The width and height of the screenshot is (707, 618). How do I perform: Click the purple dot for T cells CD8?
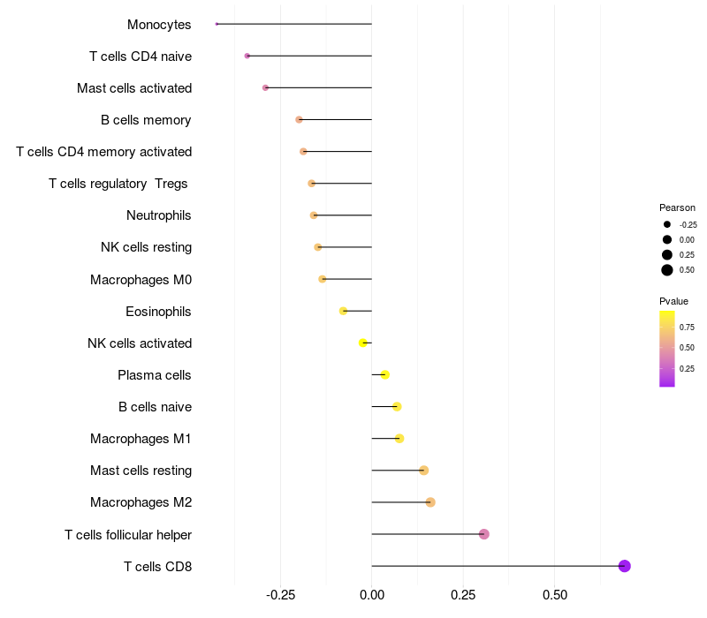point(625,566)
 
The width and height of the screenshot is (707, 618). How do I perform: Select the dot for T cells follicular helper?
point(484,534)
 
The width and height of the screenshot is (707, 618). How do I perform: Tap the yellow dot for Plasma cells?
point(385,375)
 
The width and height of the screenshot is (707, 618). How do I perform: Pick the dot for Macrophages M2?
point(430,502)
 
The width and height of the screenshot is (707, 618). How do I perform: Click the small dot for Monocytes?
point(217,24)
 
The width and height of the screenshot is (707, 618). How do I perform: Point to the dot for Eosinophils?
point(344,311)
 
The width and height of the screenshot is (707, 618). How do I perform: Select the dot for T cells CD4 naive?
point(247,56)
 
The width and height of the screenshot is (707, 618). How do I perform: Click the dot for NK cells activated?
point(363,343)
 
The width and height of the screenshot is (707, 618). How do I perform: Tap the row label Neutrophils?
point(159,215)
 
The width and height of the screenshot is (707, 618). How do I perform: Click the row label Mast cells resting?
point(141,471)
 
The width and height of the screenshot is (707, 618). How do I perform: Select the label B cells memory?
point(146,120)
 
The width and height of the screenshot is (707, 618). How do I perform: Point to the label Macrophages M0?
point(141,280)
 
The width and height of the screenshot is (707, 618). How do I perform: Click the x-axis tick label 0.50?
point(554,595)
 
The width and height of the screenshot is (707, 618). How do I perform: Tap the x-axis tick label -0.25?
point(280,595)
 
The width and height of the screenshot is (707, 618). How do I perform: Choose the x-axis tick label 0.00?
point(372,595)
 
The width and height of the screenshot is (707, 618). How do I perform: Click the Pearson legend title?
point(677,207)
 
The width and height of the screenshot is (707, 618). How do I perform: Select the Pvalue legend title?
point(673,301)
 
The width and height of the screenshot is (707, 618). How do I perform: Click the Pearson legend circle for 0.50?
point(667,270)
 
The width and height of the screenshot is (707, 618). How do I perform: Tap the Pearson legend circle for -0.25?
point(667,224)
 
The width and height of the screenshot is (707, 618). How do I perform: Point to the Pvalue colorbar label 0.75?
point(687,327)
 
